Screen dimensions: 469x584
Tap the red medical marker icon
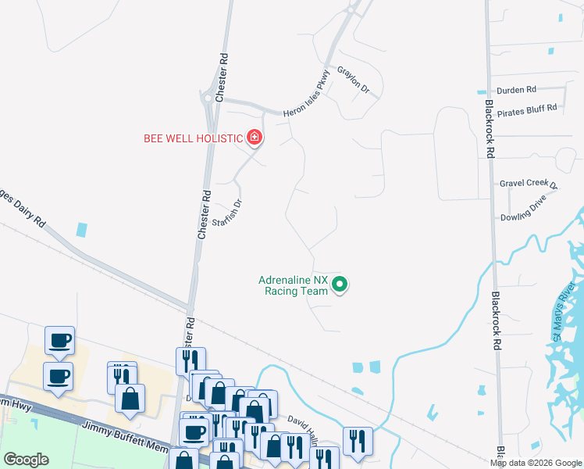(254, 138)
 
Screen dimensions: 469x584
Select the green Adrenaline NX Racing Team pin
(340, 285)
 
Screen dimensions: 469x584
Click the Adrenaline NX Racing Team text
(293, 285)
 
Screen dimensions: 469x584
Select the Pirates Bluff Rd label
(528, 108)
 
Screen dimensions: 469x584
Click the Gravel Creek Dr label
(529, 184)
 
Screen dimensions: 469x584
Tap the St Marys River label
(564, 310)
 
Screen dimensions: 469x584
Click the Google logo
(26, 460)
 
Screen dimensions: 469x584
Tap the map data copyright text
(536, 463)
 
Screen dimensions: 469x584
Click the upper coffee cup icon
(59, 341)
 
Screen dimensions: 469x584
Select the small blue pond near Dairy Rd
(82, 231)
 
